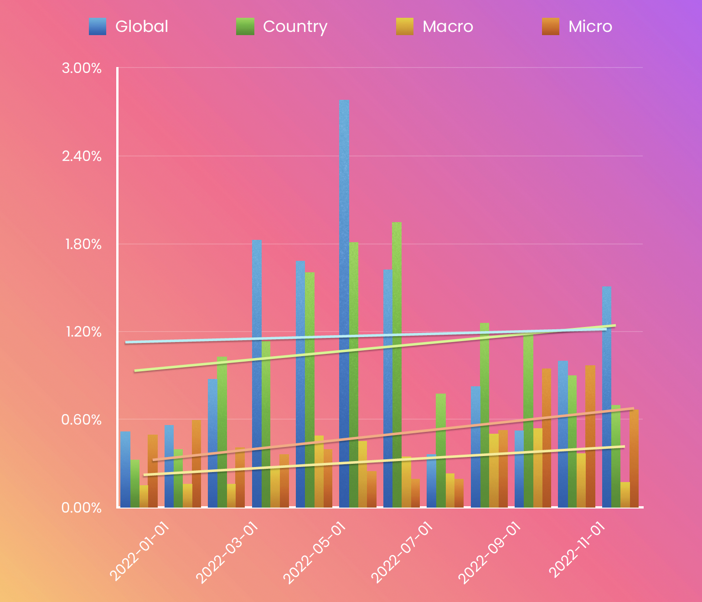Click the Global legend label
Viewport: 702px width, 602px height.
pyautogui.click(x=142, y=26)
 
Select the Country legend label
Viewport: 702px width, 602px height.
pyautogui.click(x=295, y=26)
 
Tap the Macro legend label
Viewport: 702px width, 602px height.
pyautogui.click(x=448, y=26)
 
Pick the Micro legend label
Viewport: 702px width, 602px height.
pyautogui.click(x=590, y=26)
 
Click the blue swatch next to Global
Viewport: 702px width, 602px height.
pyautogui.click(x=98, y=26)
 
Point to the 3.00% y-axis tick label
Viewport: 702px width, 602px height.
pyautogui.click(x=82, y=68)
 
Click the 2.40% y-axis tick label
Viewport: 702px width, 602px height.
pyautogui.click(x=82, y=156)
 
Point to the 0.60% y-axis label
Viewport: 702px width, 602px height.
pyautogui.click(x=82, y=420)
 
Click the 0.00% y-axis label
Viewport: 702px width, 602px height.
pyautogui.click(x=82, y=508)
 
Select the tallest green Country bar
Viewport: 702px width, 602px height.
pyautogui.click(x=397, y=365)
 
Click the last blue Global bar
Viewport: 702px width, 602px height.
pyautogui.click(x=607, y=397)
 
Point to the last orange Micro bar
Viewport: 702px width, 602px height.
pyautogui.click(x=634, y=458)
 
